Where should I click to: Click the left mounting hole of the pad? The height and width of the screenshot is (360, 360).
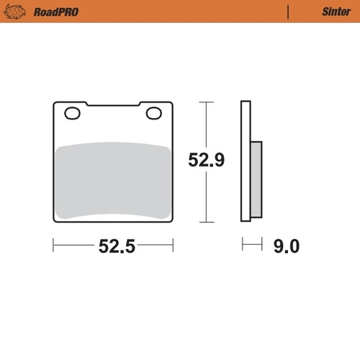pyautogui.click(x=72, y=113)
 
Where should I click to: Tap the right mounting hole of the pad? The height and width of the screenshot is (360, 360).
pyautogui.click(x=153, y=113)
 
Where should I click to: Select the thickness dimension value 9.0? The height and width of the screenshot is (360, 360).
pyautogui.click(x=285, y=246)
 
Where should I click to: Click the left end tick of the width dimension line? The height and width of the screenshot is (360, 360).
pyautogui.click(x=53, y=246)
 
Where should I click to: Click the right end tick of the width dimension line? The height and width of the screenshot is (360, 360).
pyautogui.click(x=174, y=246)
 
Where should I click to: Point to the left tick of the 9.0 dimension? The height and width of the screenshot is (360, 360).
pyautogui.click(x=243, y=246)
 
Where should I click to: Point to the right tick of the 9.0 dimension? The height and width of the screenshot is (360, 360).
pyautogui.click(x=261, y=246)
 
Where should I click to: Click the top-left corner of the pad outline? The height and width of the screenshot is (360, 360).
pyautogui.click(x=55, y=103)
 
